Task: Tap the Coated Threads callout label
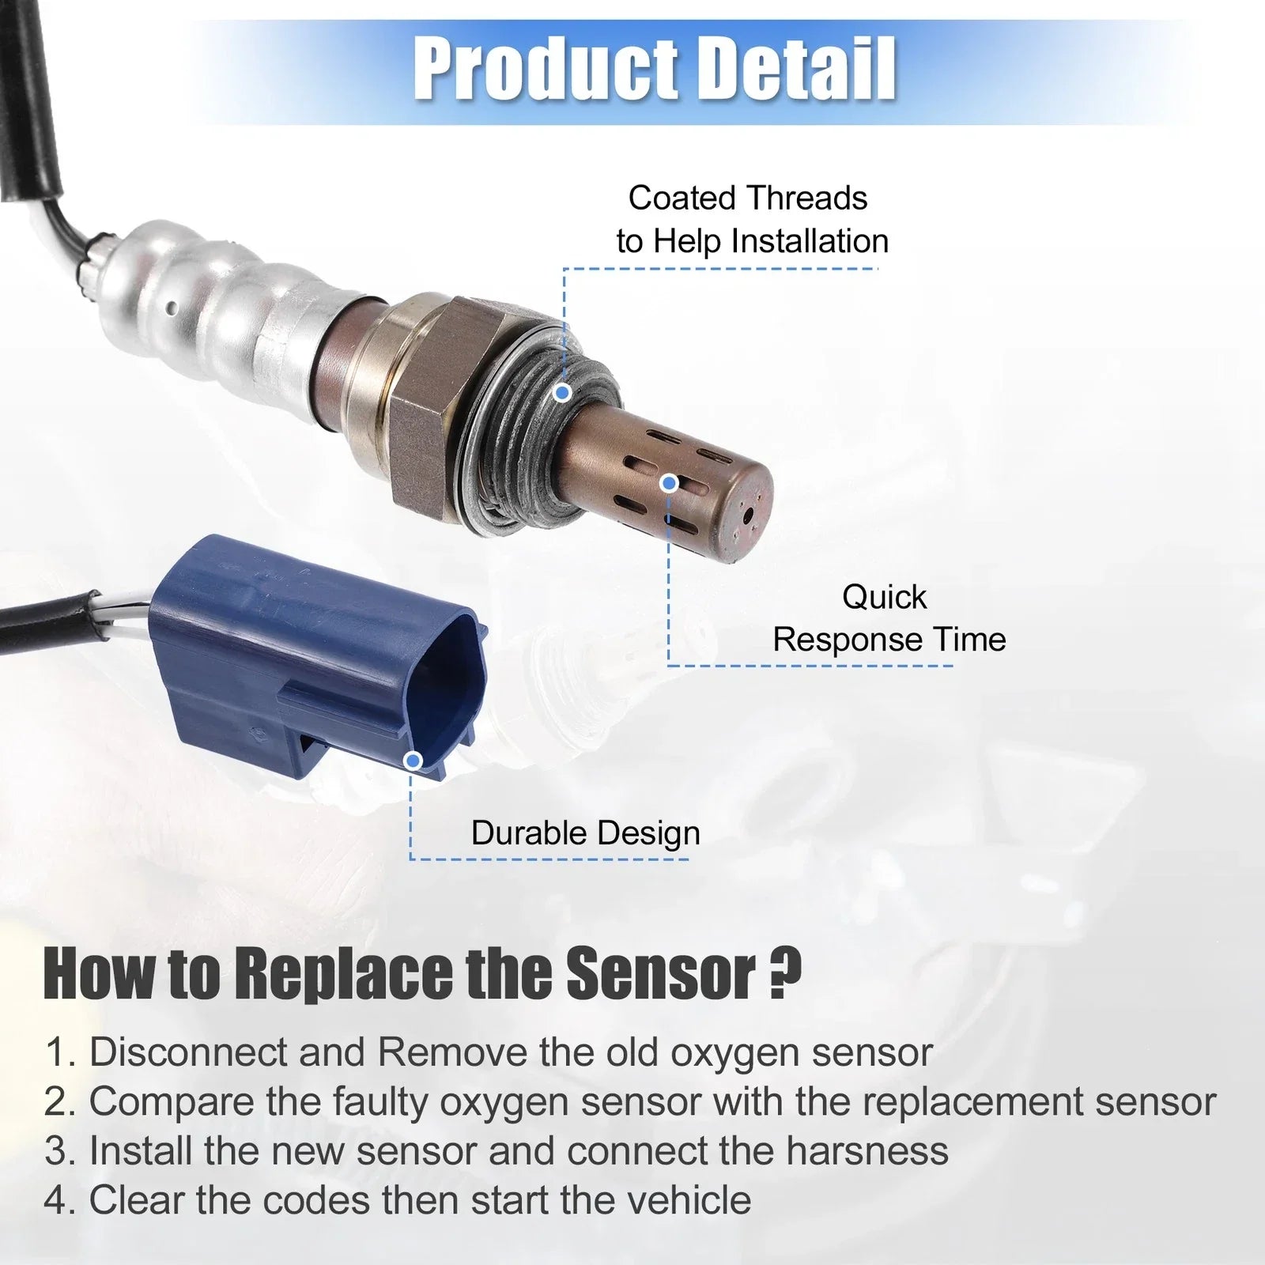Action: (x=752, y=219)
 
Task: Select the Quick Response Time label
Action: (x=889, y=618)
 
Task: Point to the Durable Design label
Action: (x=585, y=833)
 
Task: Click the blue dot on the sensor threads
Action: (x=562, y=392)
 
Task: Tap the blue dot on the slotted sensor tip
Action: (x=670, y=483)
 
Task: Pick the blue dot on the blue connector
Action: (x=413, y=761)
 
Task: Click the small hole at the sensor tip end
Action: (x=749, y=515)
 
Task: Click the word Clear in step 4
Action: (x=136, y=1200)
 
